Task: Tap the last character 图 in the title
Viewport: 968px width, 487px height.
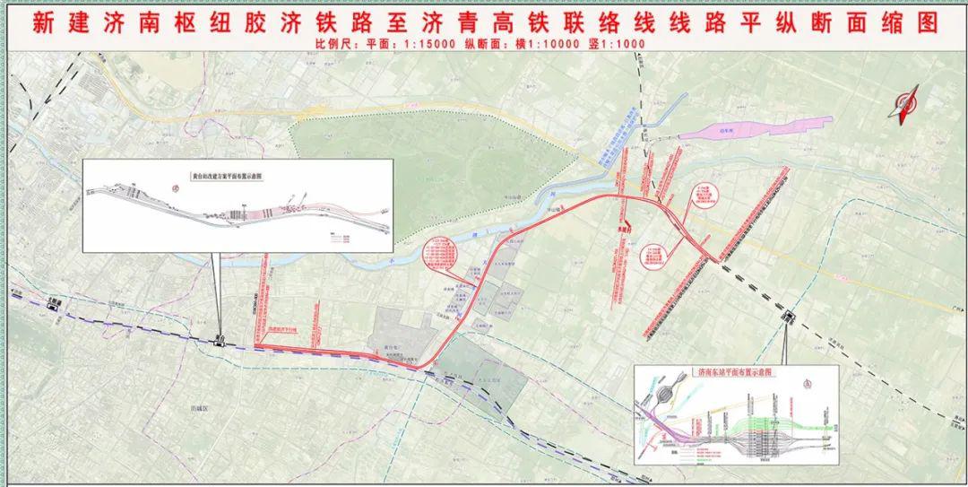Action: [927, 22]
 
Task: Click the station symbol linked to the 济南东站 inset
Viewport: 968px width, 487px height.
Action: [790, 316]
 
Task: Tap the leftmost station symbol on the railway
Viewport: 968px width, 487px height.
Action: [56, 302]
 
